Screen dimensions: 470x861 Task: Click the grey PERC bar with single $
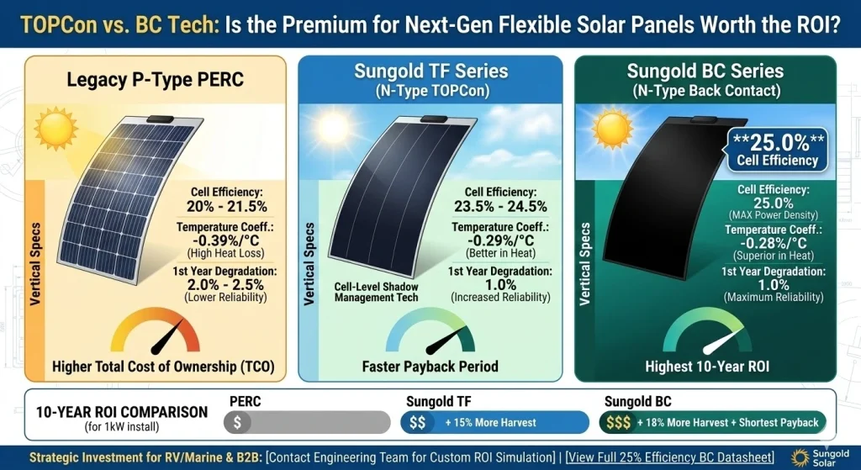306,422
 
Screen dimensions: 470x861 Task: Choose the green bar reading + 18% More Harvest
712,422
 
